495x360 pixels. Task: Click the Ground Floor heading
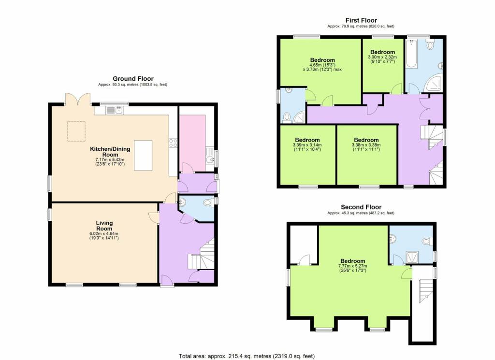point(133,78)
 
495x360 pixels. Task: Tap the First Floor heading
point(361,20)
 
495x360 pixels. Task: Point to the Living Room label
point(104,225)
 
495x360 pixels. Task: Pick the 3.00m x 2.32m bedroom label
point(383,52)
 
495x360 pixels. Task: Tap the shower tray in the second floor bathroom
point(412,256)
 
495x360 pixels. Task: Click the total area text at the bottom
point(247,356)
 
